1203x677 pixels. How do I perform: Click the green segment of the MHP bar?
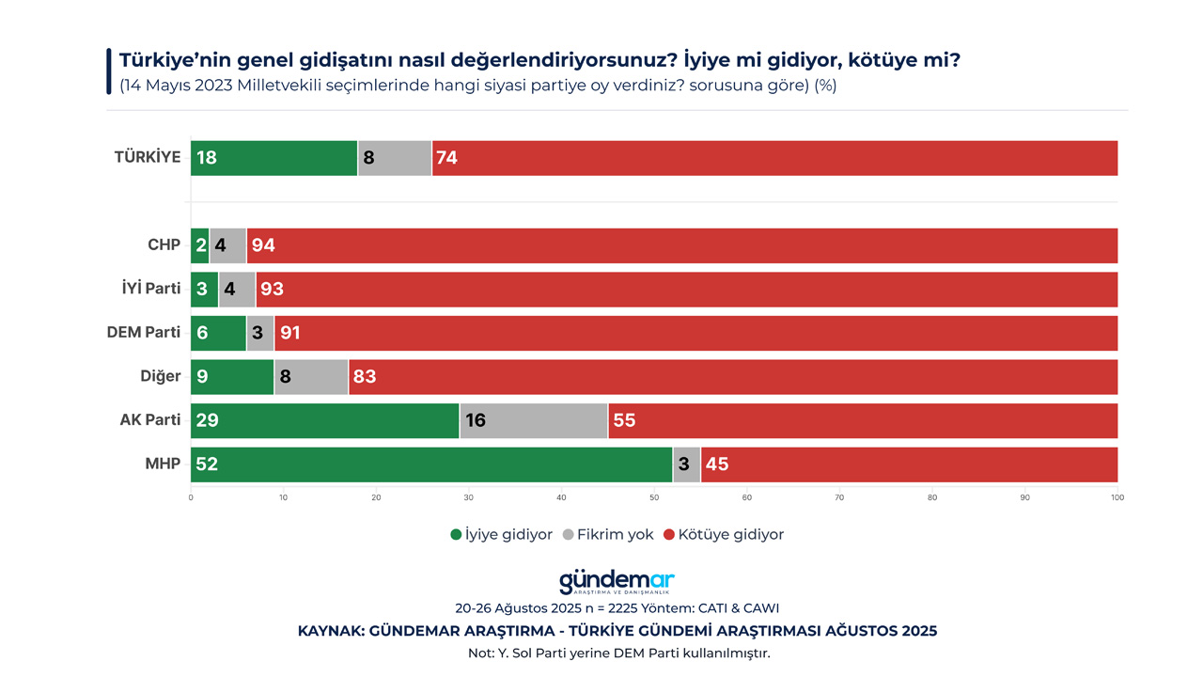431,464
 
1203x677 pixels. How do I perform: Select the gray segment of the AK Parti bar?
533,420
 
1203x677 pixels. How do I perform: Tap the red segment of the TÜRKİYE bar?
774,158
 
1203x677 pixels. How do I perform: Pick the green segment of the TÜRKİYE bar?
273,158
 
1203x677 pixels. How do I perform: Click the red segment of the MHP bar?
909,464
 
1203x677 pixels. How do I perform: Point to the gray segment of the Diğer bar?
311,377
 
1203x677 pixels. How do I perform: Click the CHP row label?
164,245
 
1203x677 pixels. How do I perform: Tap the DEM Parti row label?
144,333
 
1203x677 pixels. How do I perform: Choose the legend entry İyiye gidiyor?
502,534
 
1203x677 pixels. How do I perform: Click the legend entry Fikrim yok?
607,534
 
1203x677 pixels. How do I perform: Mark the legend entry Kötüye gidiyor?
723,534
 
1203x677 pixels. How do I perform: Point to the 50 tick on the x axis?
654,496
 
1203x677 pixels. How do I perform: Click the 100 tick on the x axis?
1117,496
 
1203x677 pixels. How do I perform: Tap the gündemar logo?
617,582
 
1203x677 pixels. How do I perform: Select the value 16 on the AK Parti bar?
476,420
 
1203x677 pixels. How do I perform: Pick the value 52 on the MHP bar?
208,464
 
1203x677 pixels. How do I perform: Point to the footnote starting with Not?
617,653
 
